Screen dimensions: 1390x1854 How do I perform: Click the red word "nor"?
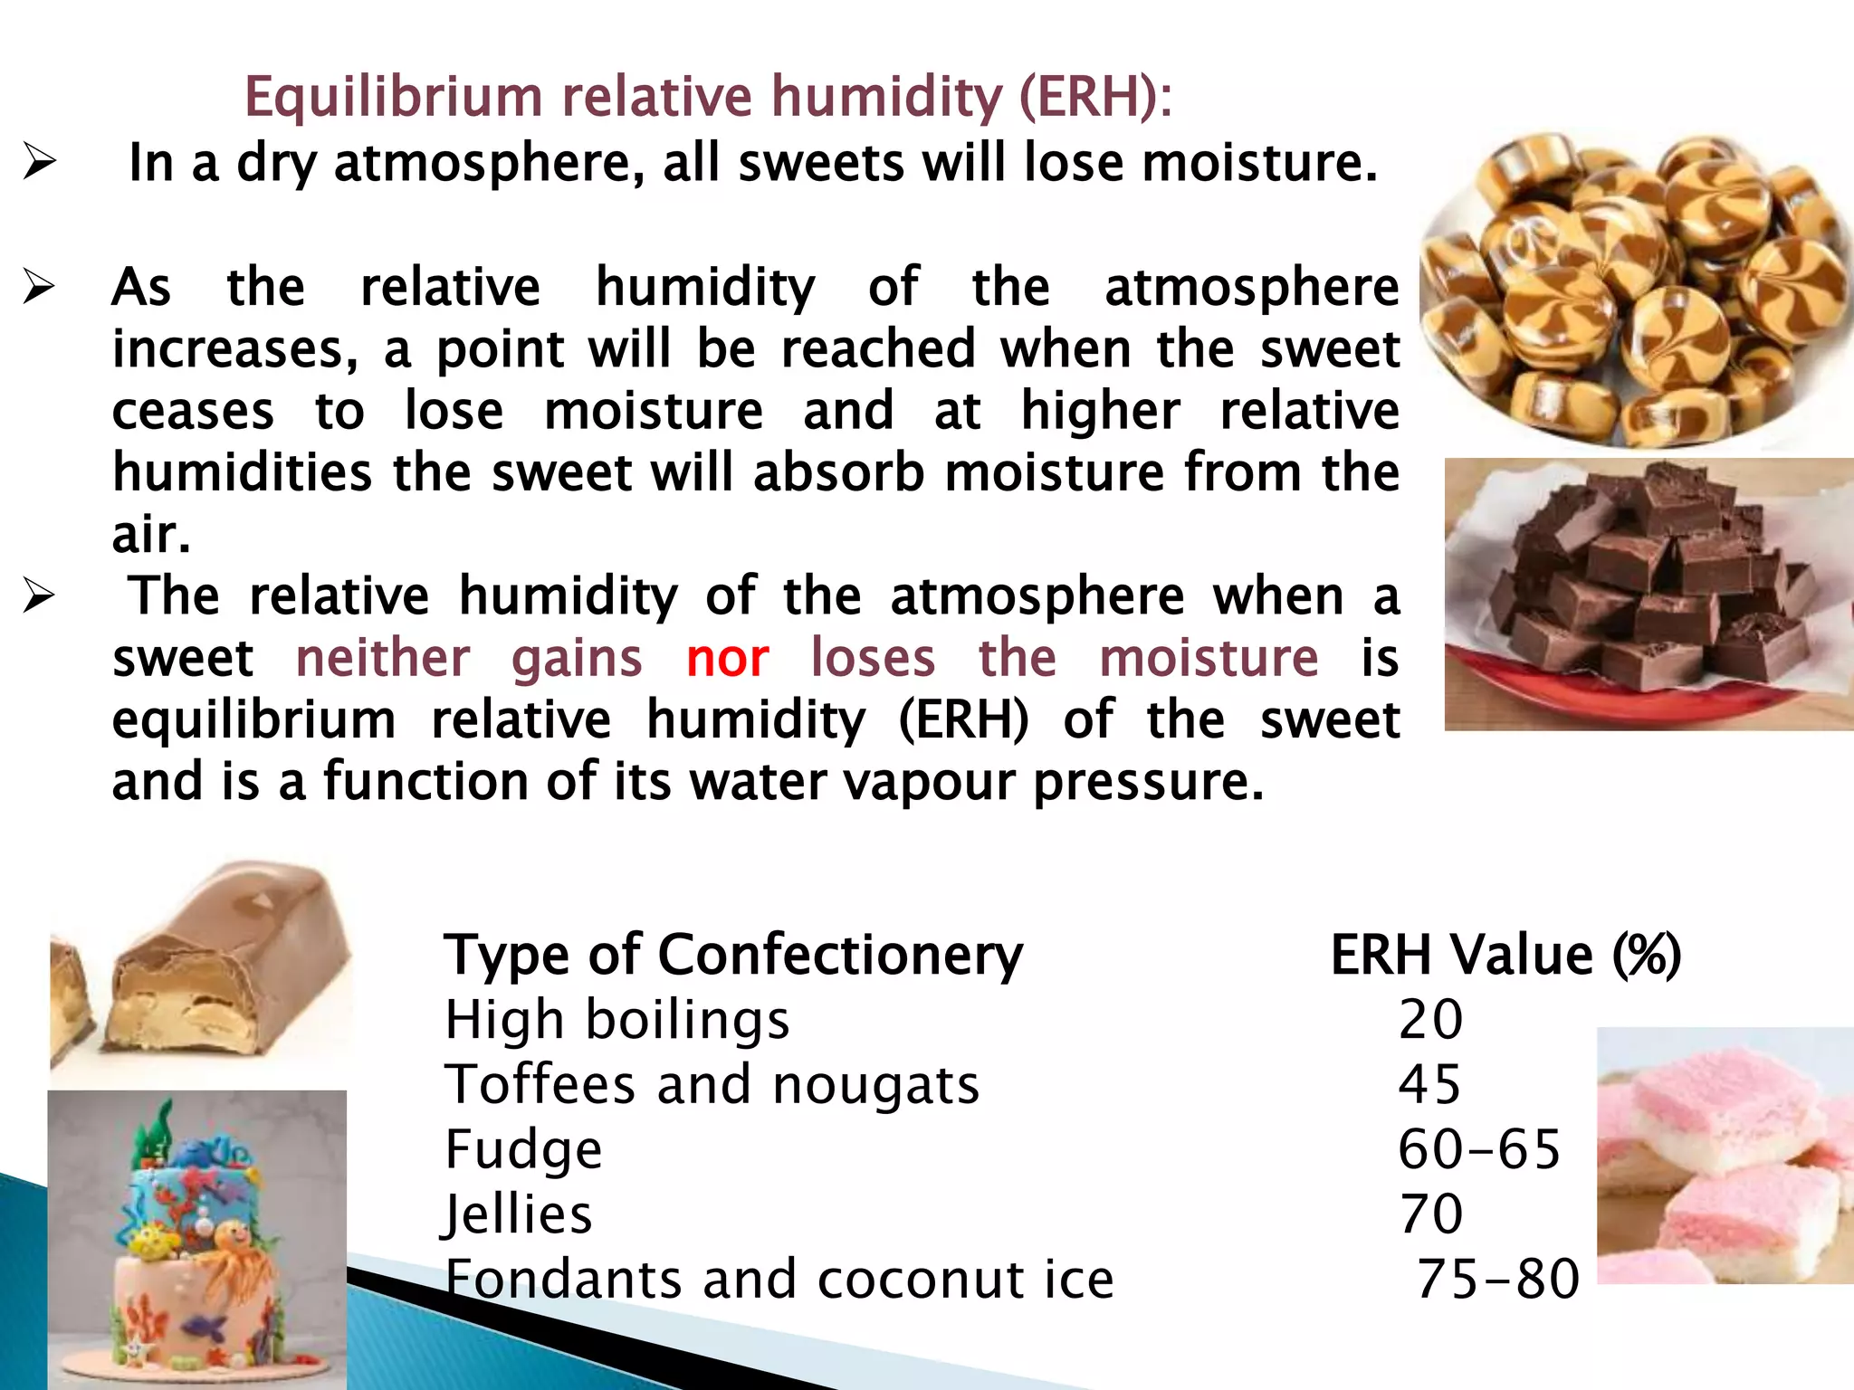727,658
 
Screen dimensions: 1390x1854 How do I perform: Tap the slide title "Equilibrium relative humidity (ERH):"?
708,96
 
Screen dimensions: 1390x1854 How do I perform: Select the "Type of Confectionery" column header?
733,956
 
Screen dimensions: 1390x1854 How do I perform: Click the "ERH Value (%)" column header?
1505,956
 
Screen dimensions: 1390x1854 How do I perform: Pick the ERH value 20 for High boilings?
1430,1020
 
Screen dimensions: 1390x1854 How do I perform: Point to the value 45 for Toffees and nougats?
1429,1085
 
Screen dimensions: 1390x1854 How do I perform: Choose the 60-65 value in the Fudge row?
1479,1150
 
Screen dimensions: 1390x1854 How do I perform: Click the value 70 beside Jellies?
1430,1214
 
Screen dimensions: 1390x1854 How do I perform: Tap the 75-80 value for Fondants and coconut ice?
1498,1280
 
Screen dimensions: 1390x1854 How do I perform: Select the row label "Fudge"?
523,1150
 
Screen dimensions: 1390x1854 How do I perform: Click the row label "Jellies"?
518,1214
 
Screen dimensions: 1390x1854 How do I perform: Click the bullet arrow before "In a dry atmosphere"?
39,163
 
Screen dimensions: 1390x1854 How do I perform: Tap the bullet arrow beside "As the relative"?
39,287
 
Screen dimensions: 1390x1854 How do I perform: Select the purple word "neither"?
383,658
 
